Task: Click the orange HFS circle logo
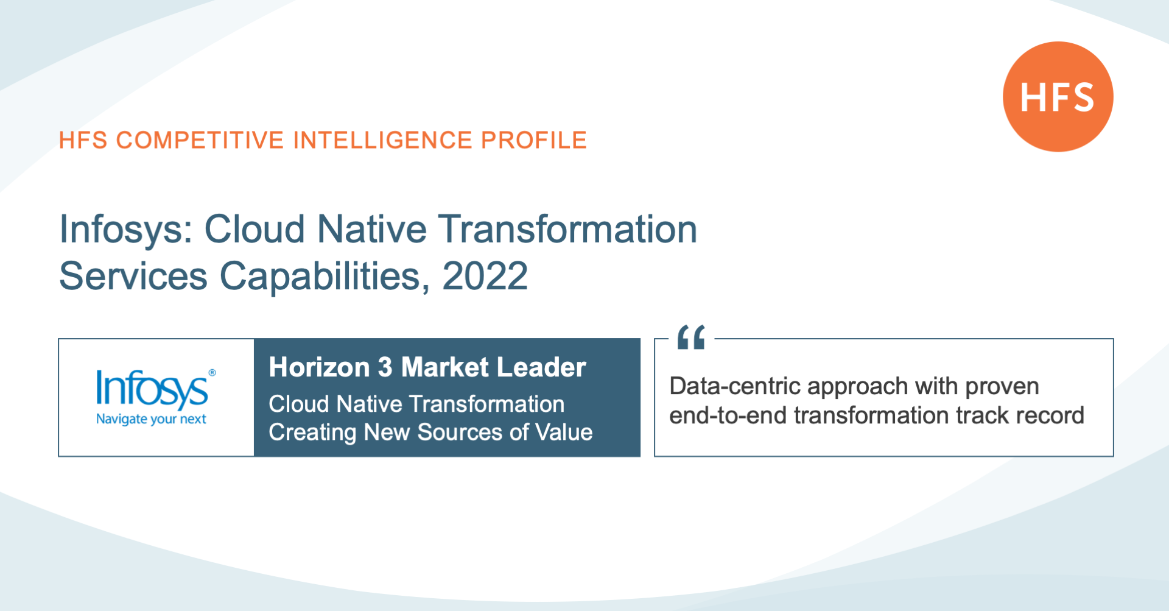point(1058,97)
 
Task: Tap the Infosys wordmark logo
point(152,389)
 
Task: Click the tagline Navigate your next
point(151,419)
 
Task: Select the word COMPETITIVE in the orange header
point(200,140)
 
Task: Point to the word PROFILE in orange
point(534,140)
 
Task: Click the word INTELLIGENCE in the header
point(382,140)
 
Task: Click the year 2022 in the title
point(485,276)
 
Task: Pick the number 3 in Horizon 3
point(385,367)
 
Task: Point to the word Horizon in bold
point(319,367)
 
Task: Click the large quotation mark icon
point(691,337)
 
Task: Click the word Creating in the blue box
point(312,433)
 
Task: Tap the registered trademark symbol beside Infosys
point(212,373)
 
